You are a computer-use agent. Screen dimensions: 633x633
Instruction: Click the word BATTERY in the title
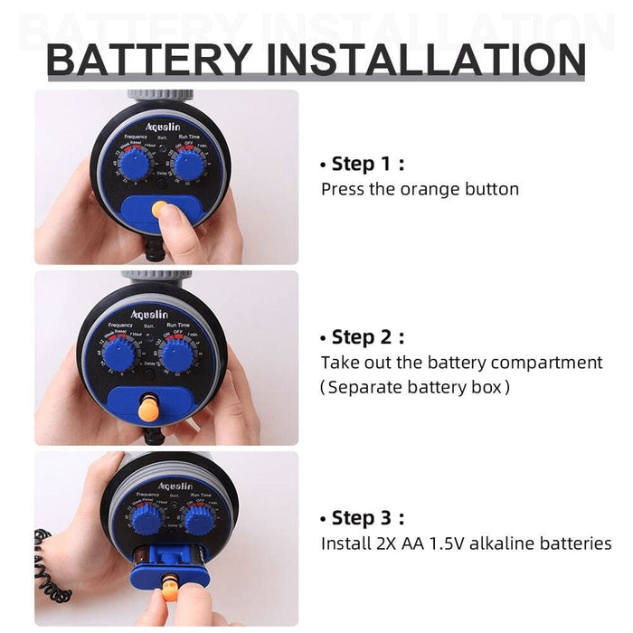pos(150,60)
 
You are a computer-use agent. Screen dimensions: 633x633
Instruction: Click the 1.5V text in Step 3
pos(442,543)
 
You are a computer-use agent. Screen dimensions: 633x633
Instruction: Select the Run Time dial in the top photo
pos(189,165)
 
